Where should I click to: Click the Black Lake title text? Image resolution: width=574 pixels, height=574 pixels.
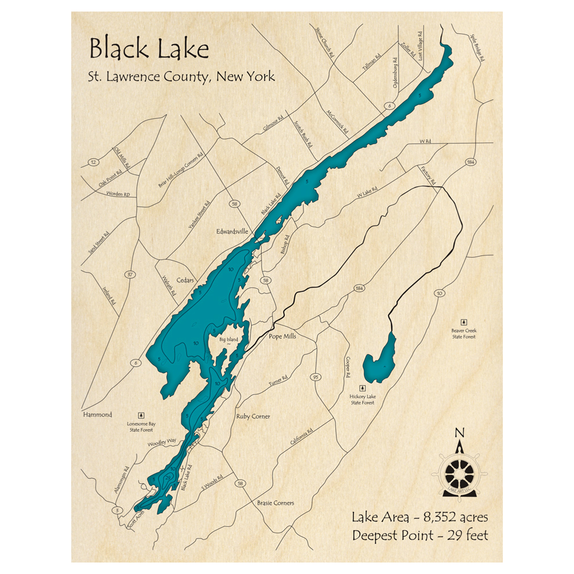[x=149, y=49]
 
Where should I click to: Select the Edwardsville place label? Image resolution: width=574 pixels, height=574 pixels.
[x=232, y=231]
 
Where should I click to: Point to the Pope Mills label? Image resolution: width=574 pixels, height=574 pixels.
[x=282, y=336]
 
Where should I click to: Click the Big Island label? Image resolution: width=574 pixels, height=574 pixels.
[x=229, y=340]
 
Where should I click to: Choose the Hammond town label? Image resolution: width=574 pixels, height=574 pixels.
[x=96, y=414]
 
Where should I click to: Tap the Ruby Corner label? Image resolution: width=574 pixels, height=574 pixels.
[x=253, y=416]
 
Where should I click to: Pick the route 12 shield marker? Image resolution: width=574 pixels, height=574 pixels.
[x=93, y=163]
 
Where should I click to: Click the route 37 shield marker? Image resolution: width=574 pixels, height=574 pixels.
[x=131, y=275]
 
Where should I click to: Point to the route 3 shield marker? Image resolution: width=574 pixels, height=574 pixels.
[x=118, y=510]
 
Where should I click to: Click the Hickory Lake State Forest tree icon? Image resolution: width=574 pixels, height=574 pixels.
[x=362, y=388]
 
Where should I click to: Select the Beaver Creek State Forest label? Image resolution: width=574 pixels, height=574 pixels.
[x=464, y=333]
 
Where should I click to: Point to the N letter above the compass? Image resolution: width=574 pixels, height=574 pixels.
[x=459, y=433]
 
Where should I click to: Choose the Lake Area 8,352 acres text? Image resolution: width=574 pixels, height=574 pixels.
[x=420, y=518]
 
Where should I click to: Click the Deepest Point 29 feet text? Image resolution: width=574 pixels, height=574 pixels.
[x=420, y=536]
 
